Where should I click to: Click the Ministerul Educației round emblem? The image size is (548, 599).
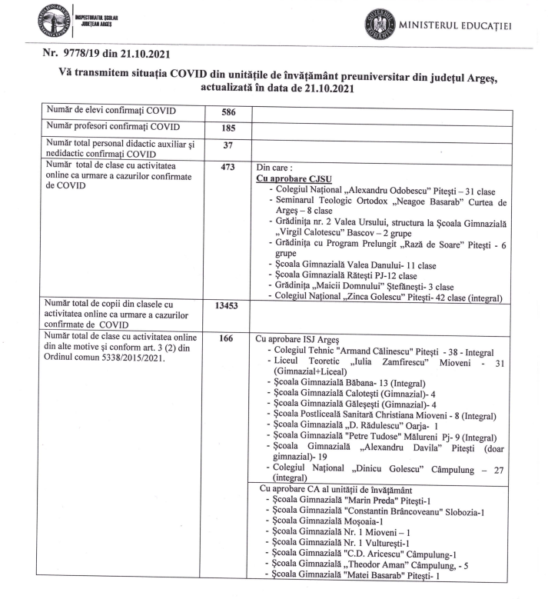tap(380, 27)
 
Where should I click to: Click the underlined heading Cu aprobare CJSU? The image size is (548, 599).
tap(294, 178)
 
